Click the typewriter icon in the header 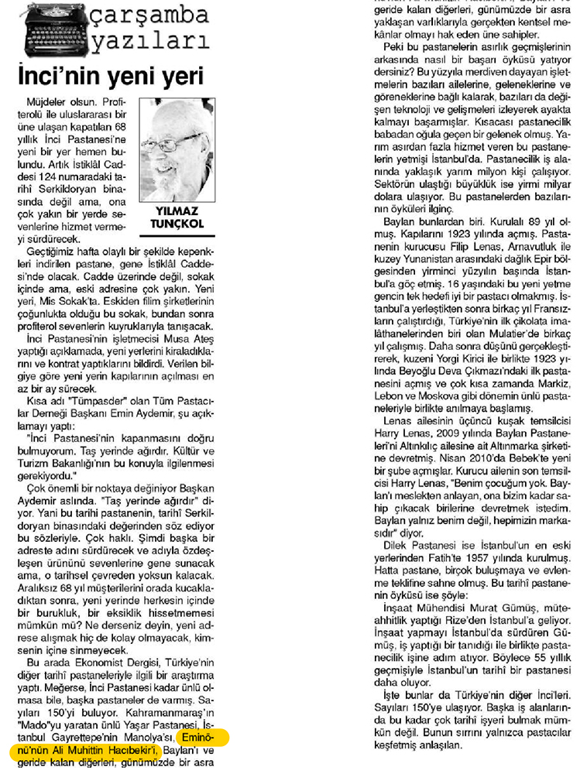pyautogui.click(x=47, y=30)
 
